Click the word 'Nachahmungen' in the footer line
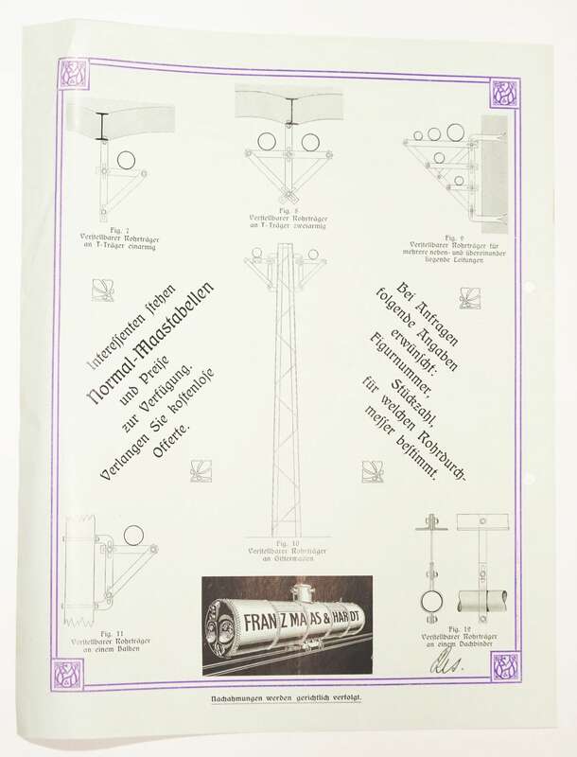pos(238,699)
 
